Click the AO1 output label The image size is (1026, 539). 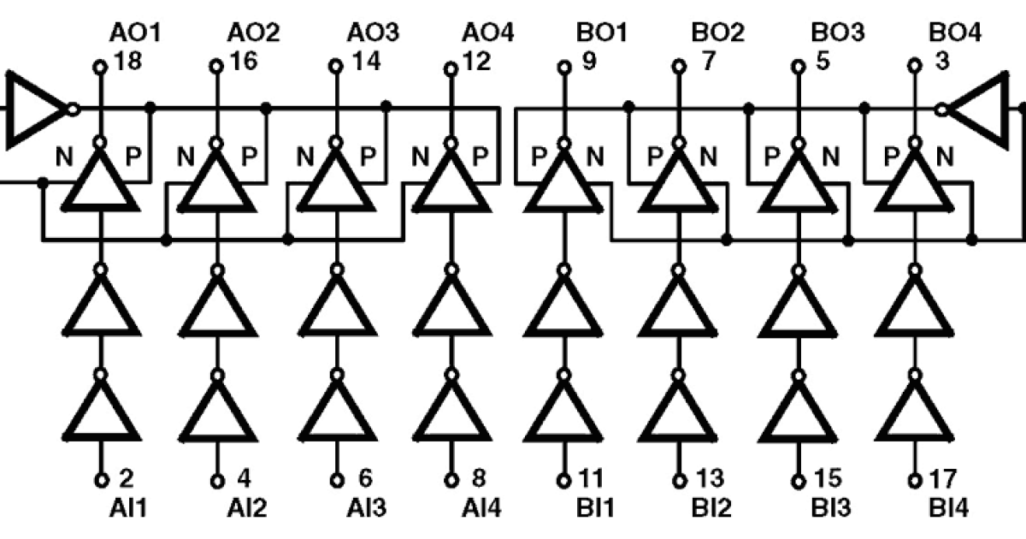(x=135, y=33)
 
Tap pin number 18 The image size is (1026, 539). (x=126, y=63)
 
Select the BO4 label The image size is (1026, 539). (x=954, y=33)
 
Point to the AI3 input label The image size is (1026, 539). (x=364, y=508)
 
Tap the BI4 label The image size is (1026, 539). (x=949, y=508)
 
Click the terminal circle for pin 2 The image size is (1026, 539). (x=100, y=480)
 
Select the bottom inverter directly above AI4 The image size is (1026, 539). (x=451, y=412)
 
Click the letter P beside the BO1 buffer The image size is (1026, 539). (x=540, y=157)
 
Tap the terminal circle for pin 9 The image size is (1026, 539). (x=563, y=65)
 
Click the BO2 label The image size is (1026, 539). (x=717, y=33)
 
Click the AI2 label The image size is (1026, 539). (x=247, y=508)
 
